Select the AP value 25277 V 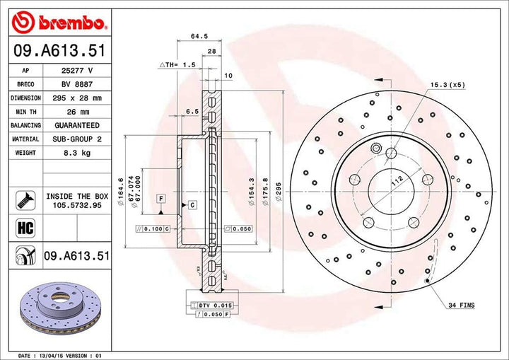(x=78, y=71)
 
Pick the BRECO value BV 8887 (x=78, y=84)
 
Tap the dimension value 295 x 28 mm (x=78, y=98)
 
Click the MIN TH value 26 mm (x=78, y=112)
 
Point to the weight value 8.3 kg (x=78, y=153)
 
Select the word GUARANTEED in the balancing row (x=78, y=126)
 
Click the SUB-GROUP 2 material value (x=78, y=139)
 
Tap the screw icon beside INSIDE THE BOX (x=25, y=199)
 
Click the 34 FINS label (x=461, y=305)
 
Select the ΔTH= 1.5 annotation (x=177, y=64)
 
